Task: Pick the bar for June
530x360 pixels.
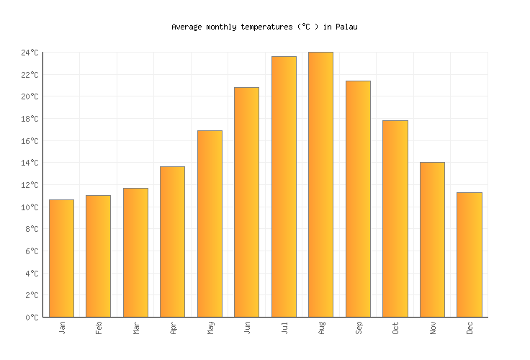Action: click(x=246, y=202)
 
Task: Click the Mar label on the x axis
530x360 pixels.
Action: click(x=135, y=328)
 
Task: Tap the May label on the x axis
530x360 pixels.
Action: click(x=210, y=328)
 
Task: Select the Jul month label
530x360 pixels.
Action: click(x=284, y=328)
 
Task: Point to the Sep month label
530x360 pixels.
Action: click(x=358, y=328)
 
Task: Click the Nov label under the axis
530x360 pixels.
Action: click(x=432, y=328)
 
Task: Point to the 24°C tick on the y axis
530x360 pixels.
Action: click(x=30, y=53)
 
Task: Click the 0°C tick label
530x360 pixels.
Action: click(x=32, y=318)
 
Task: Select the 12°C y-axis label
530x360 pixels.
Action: click(x=30, y=185)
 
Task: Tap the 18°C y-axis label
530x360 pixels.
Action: click(x=30, y=119)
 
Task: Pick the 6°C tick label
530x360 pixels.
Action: click(x=32, y=251)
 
